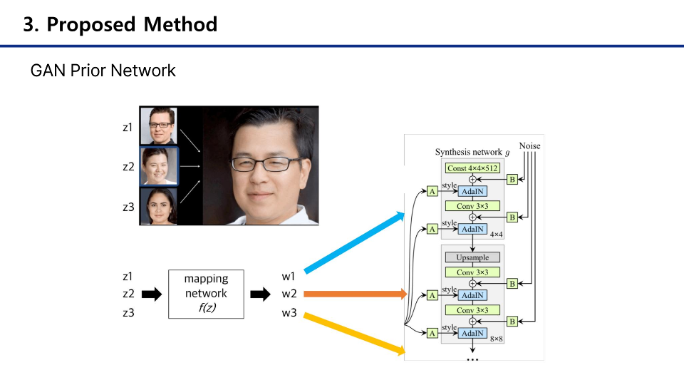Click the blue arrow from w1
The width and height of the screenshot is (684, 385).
[x=353, y=240]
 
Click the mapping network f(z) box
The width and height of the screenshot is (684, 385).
[x=205, y=293]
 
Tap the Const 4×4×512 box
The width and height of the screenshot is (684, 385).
[x=472, y=168]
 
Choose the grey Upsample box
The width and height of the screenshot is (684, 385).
[x=472, y=257]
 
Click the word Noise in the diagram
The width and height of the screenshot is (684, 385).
[x=529, y=146]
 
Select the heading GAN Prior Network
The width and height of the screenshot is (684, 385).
[x=103, y=71]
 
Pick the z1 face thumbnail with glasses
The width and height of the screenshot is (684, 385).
[x=158, y=126]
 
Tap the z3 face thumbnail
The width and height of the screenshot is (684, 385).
[x=158, y=205]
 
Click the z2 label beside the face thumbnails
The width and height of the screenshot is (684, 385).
[x=128, y=167]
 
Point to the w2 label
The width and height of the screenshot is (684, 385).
[x=289, y=294]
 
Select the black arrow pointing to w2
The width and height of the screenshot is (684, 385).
[x=260, y=294]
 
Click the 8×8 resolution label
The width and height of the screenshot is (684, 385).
[x=496, y=339]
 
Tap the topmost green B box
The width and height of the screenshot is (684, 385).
[x=512, y=180]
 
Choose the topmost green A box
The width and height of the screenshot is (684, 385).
[x=432, y=191]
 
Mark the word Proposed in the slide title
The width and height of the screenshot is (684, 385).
[x=90, y=24]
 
